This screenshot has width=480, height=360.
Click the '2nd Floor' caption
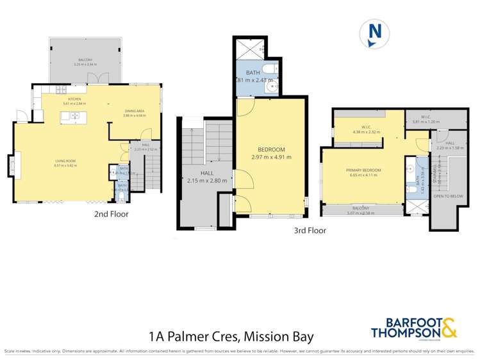click(x=111, y=215)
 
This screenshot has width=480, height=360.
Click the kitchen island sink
click(x=74, y=116)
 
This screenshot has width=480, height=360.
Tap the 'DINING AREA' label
click(x=135, y=111)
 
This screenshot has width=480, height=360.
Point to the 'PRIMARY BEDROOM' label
click(x=363, y=170)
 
